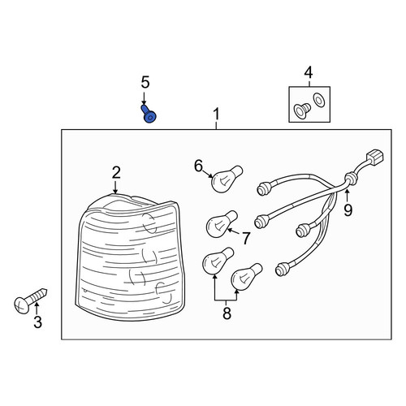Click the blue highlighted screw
pos(149,114)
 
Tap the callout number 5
pos(145,82)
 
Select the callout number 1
pos(216,114)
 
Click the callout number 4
pos(309,73)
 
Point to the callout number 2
pos(116,173)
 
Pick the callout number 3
pos(37,322)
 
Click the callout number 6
pos(198,166)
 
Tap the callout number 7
pos(246,239)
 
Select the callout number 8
pos(227,313)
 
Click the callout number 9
pos(348,210)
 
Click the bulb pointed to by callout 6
pos(227,179)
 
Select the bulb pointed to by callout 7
pos(222,224)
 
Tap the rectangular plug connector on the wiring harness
pos(375,158)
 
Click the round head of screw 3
pos(22,305)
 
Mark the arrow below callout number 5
pos(144,98)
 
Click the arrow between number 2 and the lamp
pos(115,187)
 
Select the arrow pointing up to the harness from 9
pos(347,197)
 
